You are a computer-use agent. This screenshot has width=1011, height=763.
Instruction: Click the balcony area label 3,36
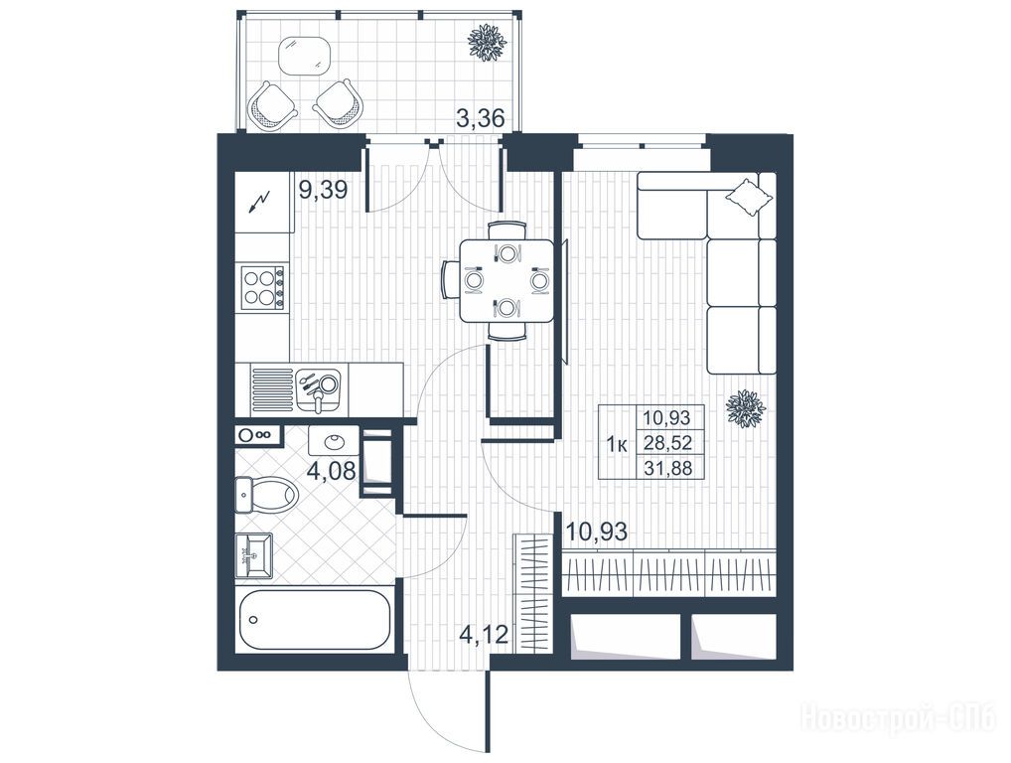(480, 118)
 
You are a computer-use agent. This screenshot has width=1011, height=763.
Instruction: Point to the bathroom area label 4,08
(331, 472)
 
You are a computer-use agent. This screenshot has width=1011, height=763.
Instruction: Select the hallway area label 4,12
(484, 635)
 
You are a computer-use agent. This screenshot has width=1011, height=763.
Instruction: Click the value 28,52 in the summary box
(667, 442)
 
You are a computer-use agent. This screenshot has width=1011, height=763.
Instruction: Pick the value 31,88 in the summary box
(667, 467)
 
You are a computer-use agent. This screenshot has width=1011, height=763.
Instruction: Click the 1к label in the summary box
(617, 444)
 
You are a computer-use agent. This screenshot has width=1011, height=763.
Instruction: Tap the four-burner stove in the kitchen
(262, 287)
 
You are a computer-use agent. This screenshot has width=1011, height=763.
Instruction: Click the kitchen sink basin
(319, 388)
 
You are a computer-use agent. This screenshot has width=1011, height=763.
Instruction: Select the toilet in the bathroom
(265, 496)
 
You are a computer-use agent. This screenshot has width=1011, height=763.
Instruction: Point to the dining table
(506, 280)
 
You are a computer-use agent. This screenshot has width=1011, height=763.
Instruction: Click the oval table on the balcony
(305, 55)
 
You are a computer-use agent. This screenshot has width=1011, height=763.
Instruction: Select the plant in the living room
(746, 409)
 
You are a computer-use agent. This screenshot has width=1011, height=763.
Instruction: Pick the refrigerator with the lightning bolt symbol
(264, 202)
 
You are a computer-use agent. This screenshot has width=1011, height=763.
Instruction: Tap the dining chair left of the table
(449, 280)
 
